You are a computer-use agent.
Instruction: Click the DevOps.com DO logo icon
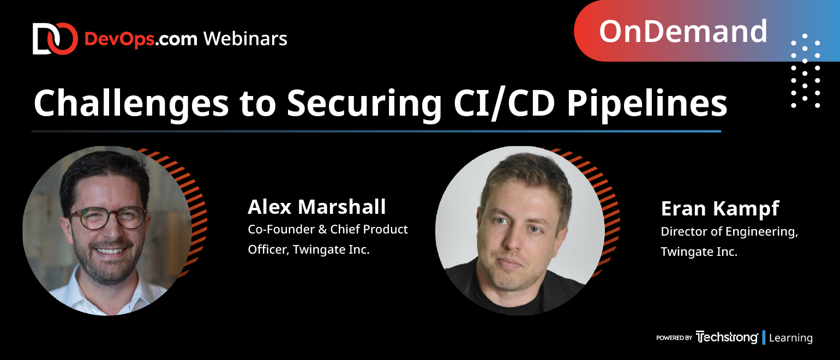(55, 39)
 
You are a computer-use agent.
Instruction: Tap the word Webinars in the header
(245, 39)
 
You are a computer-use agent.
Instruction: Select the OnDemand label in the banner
(683, 32)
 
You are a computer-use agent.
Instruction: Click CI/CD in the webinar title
(504, 104)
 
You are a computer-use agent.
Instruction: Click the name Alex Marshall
(317, 207)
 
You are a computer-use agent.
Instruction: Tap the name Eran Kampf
(720, 209)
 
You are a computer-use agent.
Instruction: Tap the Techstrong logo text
(727, 337)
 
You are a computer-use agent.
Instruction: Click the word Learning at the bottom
(790, 338)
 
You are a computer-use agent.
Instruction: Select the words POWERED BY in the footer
(674, 338)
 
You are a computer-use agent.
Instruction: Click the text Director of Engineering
(729, 232)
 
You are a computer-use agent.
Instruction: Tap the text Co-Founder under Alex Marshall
(281, 229)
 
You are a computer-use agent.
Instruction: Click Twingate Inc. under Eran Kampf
(699, 251)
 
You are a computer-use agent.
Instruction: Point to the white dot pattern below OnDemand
(805, 71)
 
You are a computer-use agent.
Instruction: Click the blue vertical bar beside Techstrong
(764, 338)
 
